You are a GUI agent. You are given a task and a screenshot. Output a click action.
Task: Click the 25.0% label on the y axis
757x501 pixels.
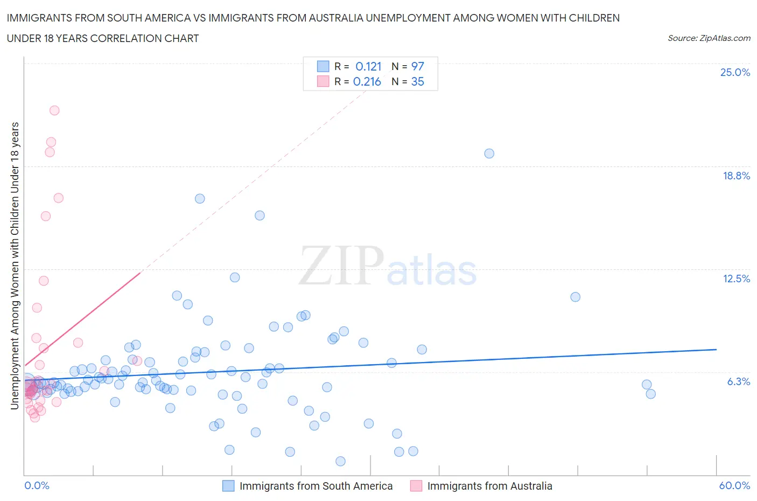734,72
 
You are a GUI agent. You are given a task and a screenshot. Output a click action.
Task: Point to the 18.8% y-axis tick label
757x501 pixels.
735,176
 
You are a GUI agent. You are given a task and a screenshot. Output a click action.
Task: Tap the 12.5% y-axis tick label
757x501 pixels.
735,279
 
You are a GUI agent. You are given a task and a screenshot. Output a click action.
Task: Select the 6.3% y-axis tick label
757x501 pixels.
738,381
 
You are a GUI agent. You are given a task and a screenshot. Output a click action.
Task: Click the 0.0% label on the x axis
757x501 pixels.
37,485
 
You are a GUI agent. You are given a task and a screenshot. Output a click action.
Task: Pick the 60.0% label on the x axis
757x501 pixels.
734,485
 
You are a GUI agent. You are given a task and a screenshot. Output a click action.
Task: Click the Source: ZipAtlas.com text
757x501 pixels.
709,38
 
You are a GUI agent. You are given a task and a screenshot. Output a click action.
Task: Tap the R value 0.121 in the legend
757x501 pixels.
368,66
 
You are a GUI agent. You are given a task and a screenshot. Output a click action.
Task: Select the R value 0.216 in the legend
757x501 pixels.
367,81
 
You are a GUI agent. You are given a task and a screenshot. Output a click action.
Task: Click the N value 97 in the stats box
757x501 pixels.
417,66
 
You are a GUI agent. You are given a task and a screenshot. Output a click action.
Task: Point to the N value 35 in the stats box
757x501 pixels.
417,81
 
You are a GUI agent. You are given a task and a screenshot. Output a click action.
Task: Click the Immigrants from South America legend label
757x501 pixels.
316,486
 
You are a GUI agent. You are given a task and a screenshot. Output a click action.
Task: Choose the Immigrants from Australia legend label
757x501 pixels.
489,486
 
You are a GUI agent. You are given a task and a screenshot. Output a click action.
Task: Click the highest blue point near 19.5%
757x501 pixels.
489,154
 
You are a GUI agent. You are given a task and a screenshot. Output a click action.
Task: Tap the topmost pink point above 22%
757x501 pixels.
54,110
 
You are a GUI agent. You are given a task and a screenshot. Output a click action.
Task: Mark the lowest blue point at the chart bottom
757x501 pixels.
340,461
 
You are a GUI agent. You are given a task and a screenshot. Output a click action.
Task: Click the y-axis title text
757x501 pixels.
15,266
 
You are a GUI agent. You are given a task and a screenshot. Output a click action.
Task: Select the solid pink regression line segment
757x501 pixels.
81,321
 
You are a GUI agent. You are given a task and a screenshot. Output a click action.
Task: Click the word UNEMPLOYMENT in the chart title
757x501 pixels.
410,18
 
